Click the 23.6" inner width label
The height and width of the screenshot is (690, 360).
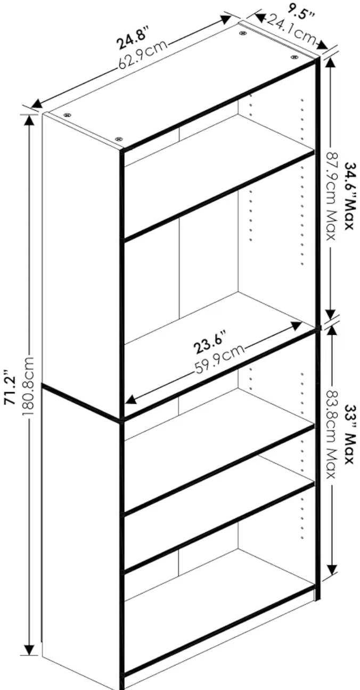(x=210, y=341)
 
